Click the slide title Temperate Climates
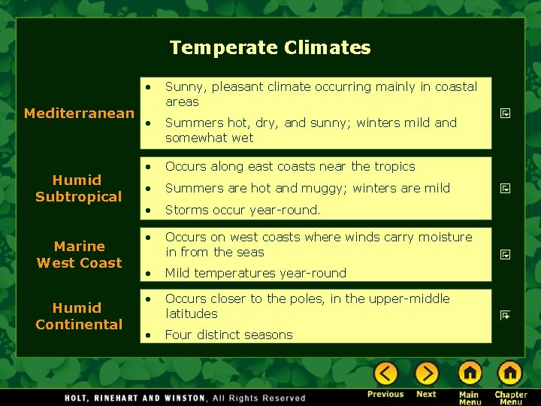pyautogui.click(x=270, y=48)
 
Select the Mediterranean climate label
pyautogui.click(x=79, y=114)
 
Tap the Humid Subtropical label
pyautogui.click(x=78, y=189)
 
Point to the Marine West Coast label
pyautogui.click(x=79, y=255)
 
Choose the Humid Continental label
pyautogui.click(x=78, y=317)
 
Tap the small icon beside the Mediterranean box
pyautogui.click(x=506, y=114)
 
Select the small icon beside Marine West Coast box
pyautogui.click(x=506, y=255)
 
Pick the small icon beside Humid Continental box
pyautogui.click(x=506, y=317)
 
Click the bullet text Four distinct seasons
pyautogui.click(x=228, y=335)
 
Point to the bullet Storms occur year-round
pyautogui.click(x=242, y=210)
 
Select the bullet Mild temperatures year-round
pyautogui.click(x=255, y=273)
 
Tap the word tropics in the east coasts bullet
pyautogui.click(x=394, y=166)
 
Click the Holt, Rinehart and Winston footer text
pyautogui.click(x=185, y=398)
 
